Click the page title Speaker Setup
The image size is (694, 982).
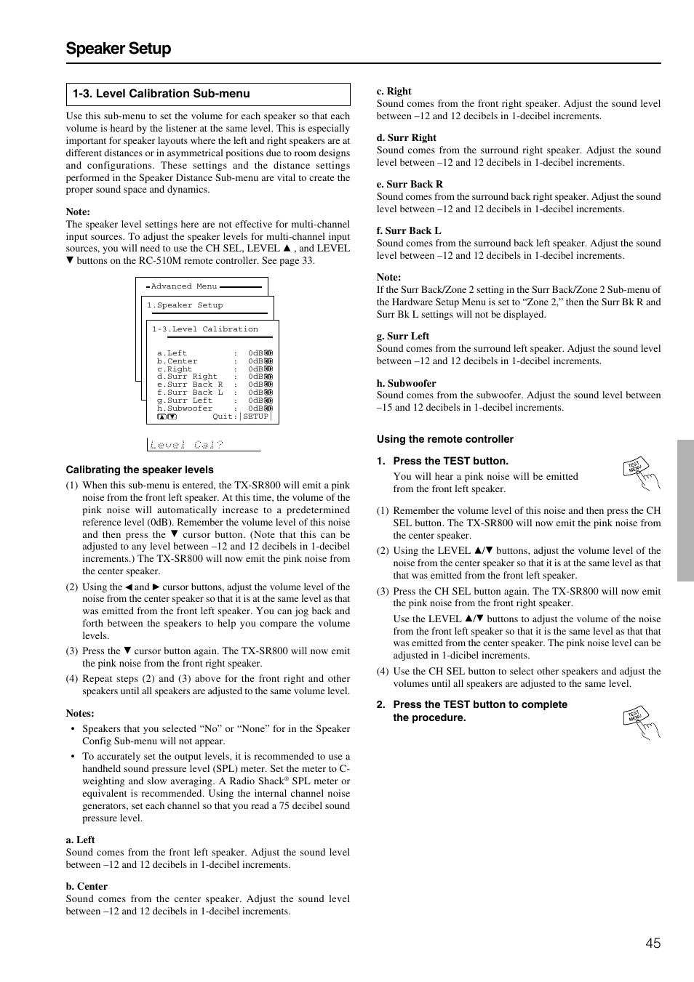pos(119,49)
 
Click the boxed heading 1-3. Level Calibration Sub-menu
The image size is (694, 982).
pos(161,94)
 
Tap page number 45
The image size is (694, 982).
pos(653,943)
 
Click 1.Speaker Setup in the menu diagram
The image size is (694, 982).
pos(185,305)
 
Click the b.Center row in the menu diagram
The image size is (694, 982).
pos(177,361)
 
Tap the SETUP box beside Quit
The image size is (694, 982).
pos(256,416)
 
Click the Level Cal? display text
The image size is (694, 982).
pos(186,445)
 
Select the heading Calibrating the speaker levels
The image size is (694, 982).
pos(140,470)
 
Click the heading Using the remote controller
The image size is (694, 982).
pos(444,439)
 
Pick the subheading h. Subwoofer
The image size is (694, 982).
pos(406,383)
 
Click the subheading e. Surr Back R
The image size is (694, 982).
pos(410,184)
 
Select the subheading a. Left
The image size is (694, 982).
pos(80,840)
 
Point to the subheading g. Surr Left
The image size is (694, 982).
pos(402,336)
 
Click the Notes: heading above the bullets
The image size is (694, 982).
pos(79,713)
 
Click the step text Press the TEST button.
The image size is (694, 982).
pos(450,461)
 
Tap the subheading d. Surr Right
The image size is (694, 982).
pos(406,137)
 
